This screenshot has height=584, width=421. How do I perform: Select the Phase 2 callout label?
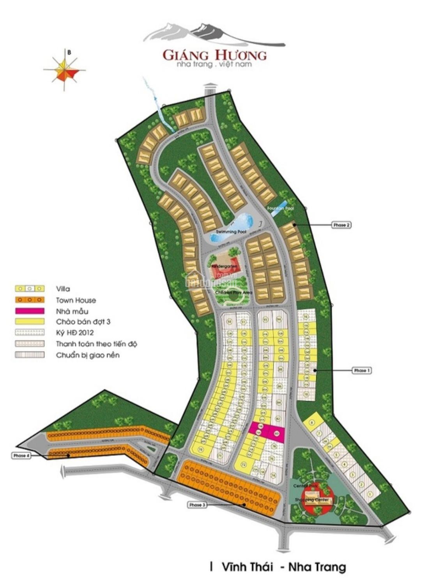341,225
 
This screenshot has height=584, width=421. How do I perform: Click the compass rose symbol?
65,70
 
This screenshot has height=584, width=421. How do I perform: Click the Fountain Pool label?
280,208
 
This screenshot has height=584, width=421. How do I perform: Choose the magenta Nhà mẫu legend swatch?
30,311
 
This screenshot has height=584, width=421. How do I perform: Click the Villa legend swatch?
30,288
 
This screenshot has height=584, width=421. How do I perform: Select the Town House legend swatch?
30,300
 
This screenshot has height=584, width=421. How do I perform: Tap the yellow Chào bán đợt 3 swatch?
30,322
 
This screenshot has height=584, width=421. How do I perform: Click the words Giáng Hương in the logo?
214,55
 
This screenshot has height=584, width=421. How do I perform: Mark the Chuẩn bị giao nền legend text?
88,355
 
